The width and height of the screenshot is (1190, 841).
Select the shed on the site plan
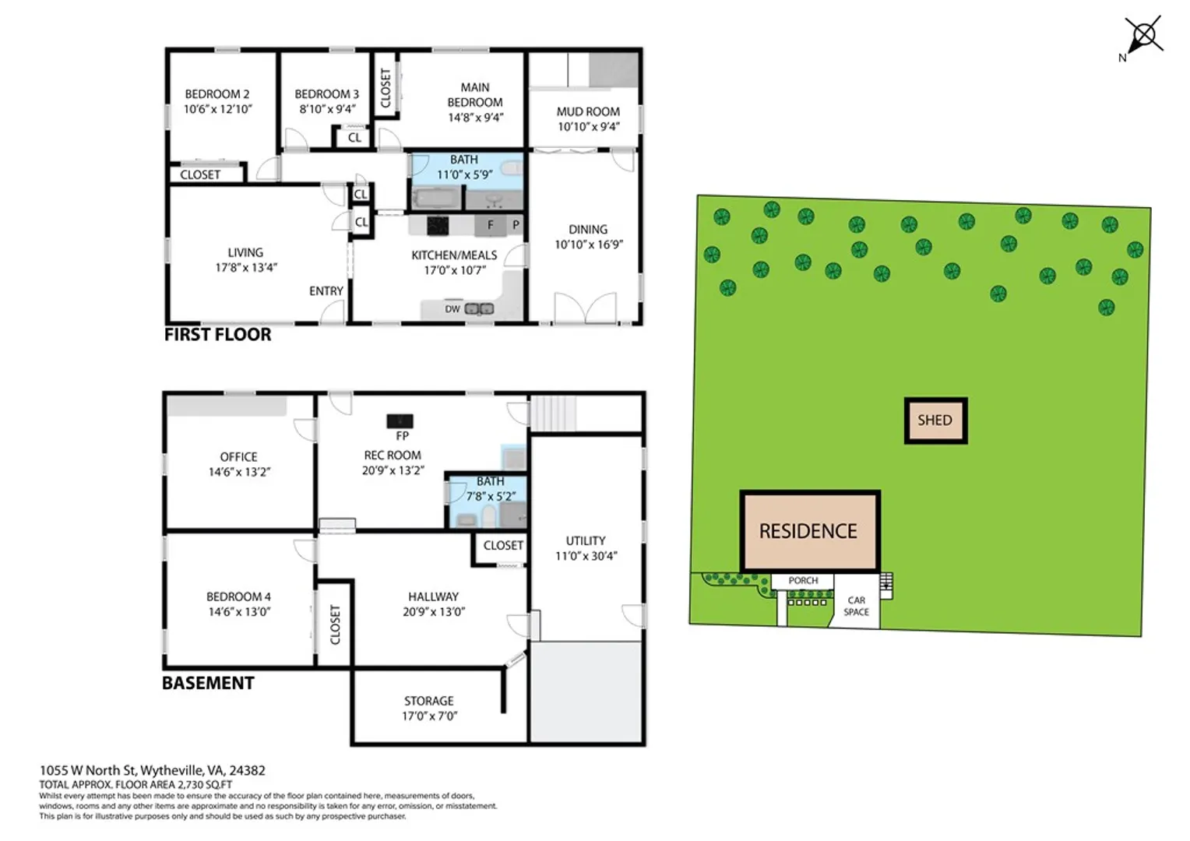(x=935, y=420)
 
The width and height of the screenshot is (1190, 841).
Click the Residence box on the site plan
(x=810, y=531)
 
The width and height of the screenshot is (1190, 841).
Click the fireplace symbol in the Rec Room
(x=400, y=421)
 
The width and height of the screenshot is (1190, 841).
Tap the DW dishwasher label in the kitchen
(x=452, y=309)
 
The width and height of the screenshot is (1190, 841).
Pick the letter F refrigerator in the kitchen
(x=490, y=225)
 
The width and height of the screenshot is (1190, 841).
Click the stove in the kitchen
(x=438, y=225)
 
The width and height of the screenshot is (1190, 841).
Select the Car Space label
(x=856, y=606)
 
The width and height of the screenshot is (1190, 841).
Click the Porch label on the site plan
(x=803, y=580)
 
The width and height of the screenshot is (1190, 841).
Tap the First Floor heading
(x=218, y=335)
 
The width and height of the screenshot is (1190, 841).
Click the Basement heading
(x=208, y=683)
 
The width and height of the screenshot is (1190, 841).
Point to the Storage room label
(x=428, y=701)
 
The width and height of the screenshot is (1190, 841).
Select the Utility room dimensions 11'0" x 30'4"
(x=586, y=556)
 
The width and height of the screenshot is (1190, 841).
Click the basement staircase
(x=554, y=413)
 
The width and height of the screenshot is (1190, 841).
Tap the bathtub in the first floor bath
(x=438, y=199)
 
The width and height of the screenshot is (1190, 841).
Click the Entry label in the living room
(x=326, y=291)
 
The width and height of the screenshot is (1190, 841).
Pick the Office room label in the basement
(x=238, y=457)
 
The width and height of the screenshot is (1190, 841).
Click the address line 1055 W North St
(x=153, y=770)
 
